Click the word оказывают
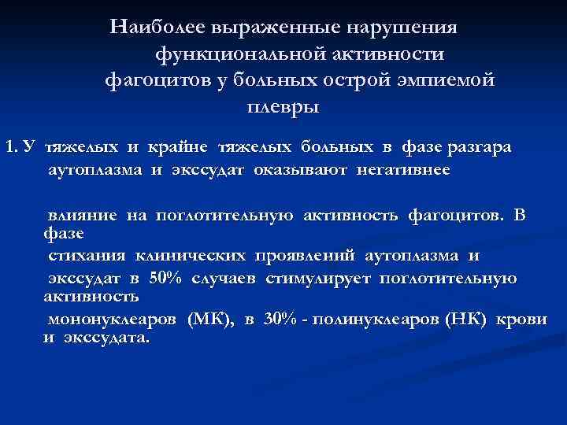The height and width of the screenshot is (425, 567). pyautogui.click(x=302, y=169)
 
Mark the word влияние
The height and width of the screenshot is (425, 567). pyautogui.click(x=82, y=215)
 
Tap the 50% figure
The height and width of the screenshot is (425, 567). pyautogui.click(x=166, y=278)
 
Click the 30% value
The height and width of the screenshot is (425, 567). pyautogui.click(x=283, y=320)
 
